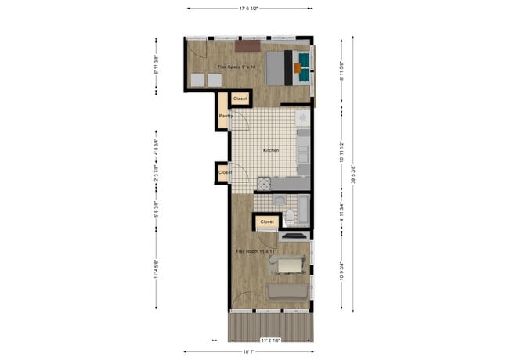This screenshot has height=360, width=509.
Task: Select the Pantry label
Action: coord(226,116)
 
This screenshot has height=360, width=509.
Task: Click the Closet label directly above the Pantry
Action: coord(240,99)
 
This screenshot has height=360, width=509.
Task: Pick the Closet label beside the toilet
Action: coord(267,221)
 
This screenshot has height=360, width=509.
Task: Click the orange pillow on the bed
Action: coord(298,67)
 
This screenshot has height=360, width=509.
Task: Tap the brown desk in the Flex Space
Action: coord(249,46)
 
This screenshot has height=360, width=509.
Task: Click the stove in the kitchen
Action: coord(264,183)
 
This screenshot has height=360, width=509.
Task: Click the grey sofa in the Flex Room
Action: coord(287,291)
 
